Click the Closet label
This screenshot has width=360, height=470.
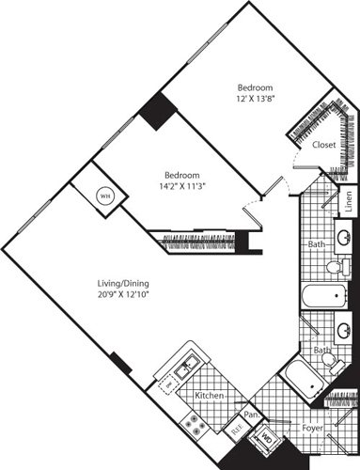(325, 146)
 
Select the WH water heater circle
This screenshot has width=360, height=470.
(105, 196)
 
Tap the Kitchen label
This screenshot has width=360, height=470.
(209, 397)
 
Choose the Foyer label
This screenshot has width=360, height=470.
(313, 427)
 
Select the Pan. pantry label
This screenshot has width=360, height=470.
(252, 414)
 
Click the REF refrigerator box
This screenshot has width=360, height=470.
(237, 430)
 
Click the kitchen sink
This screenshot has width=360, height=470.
(188, 361)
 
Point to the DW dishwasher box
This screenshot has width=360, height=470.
(170, 384)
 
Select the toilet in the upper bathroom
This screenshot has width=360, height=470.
(333, 268)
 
